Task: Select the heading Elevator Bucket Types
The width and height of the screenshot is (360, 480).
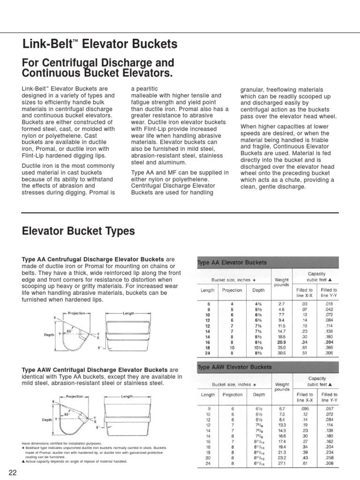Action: click(78, 231)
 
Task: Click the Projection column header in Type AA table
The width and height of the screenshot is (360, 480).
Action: click(232, 290)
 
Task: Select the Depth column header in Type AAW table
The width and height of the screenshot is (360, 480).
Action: click(259, 395)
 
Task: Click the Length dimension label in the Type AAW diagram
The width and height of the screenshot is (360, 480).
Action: click(127, 396)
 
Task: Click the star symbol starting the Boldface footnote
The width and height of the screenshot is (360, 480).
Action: click(23, 448)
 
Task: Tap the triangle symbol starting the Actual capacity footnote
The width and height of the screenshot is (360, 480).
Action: click(23, 461)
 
